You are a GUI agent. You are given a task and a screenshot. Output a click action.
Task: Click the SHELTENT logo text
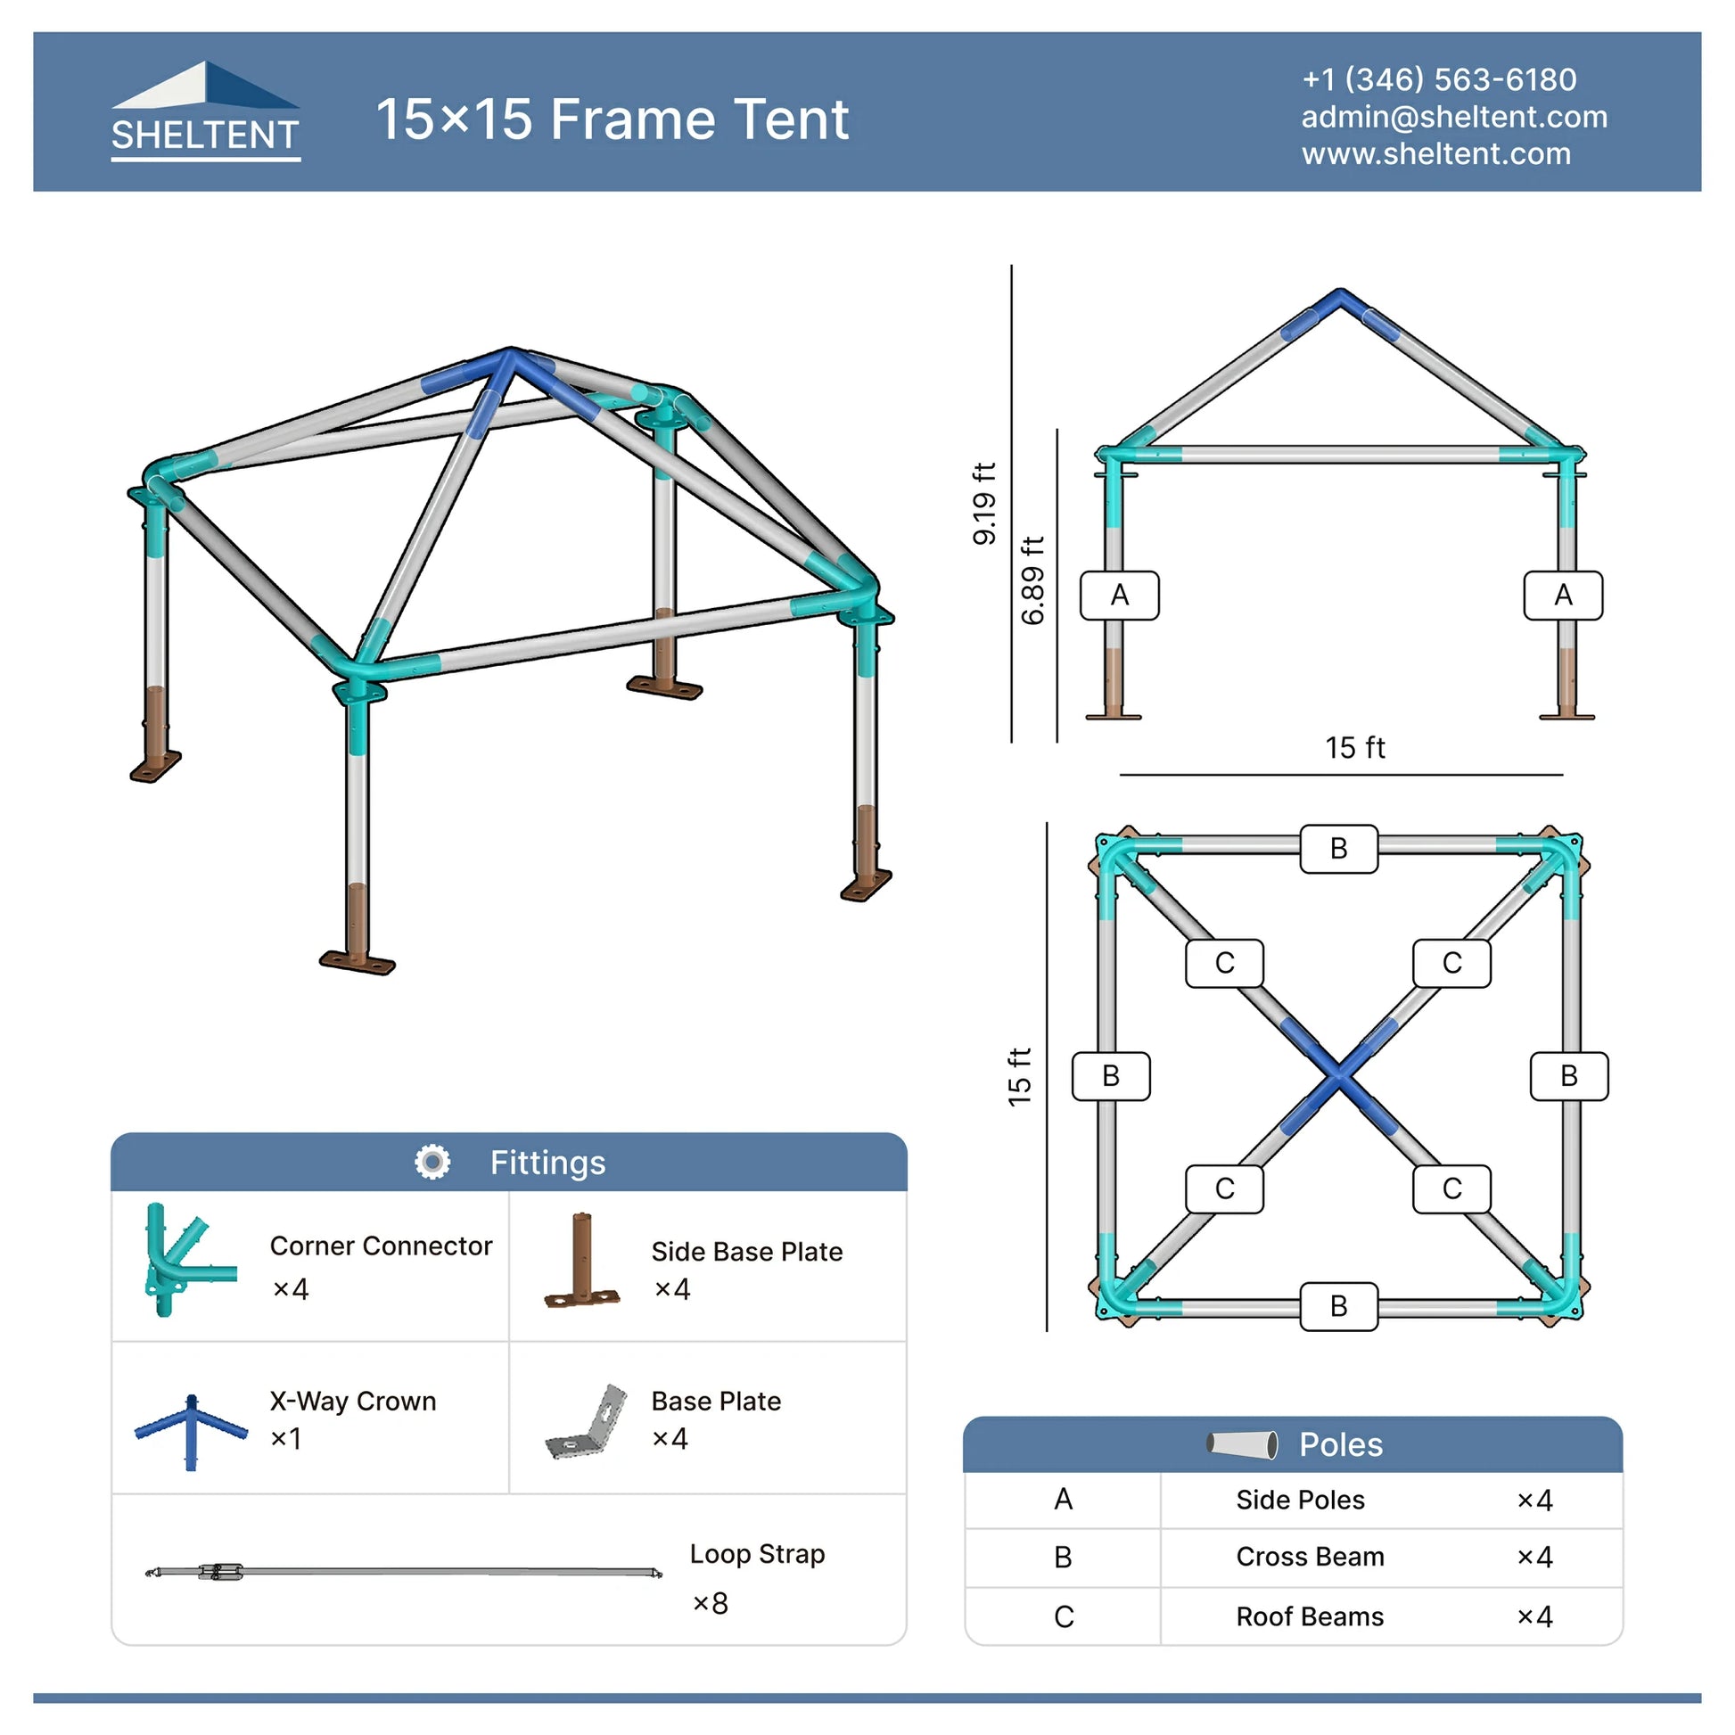pos(205,135)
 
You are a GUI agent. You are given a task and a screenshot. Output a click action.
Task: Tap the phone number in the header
pos(1439,79)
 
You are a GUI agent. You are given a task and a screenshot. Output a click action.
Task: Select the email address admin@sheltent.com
pos(1454,117)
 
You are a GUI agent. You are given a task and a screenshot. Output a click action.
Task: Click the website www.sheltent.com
pos(1436,153)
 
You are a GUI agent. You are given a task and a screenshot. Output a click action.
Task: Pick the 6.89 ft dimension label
pos(1032,580)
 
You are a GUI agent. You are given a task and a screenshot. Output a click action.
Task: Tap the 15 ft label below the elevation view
pos(1354,747)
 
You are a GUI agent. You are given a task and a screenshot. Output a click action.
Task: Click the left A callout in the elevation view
pos(1119,595)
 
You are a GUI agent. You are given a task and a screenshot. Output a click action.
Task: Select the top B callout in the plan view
pos(1338,848)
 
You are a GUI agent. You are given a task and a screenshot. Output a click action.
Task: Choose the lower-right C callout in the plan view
pos(1451,1188)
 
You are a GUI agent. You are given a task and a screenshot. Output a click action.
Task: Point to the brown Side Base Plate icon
pos(582,1259)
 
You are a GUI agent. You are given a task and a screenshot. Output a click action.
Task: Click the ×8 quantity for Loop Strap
pos(710,1603)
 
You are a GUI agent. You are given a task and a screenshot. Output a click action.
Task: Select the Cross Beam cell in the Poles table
pos(1310,1557)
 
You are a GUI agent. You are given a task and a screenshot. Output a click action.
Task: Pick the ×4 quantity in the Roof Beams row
pos(1534,1616)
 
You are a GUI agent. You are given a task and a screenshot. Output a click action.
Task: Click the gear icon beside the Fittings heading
pos(432,1162)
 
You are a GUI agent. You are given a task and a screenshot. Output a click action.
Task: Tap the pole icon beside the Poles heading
pos(1242,1444)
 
